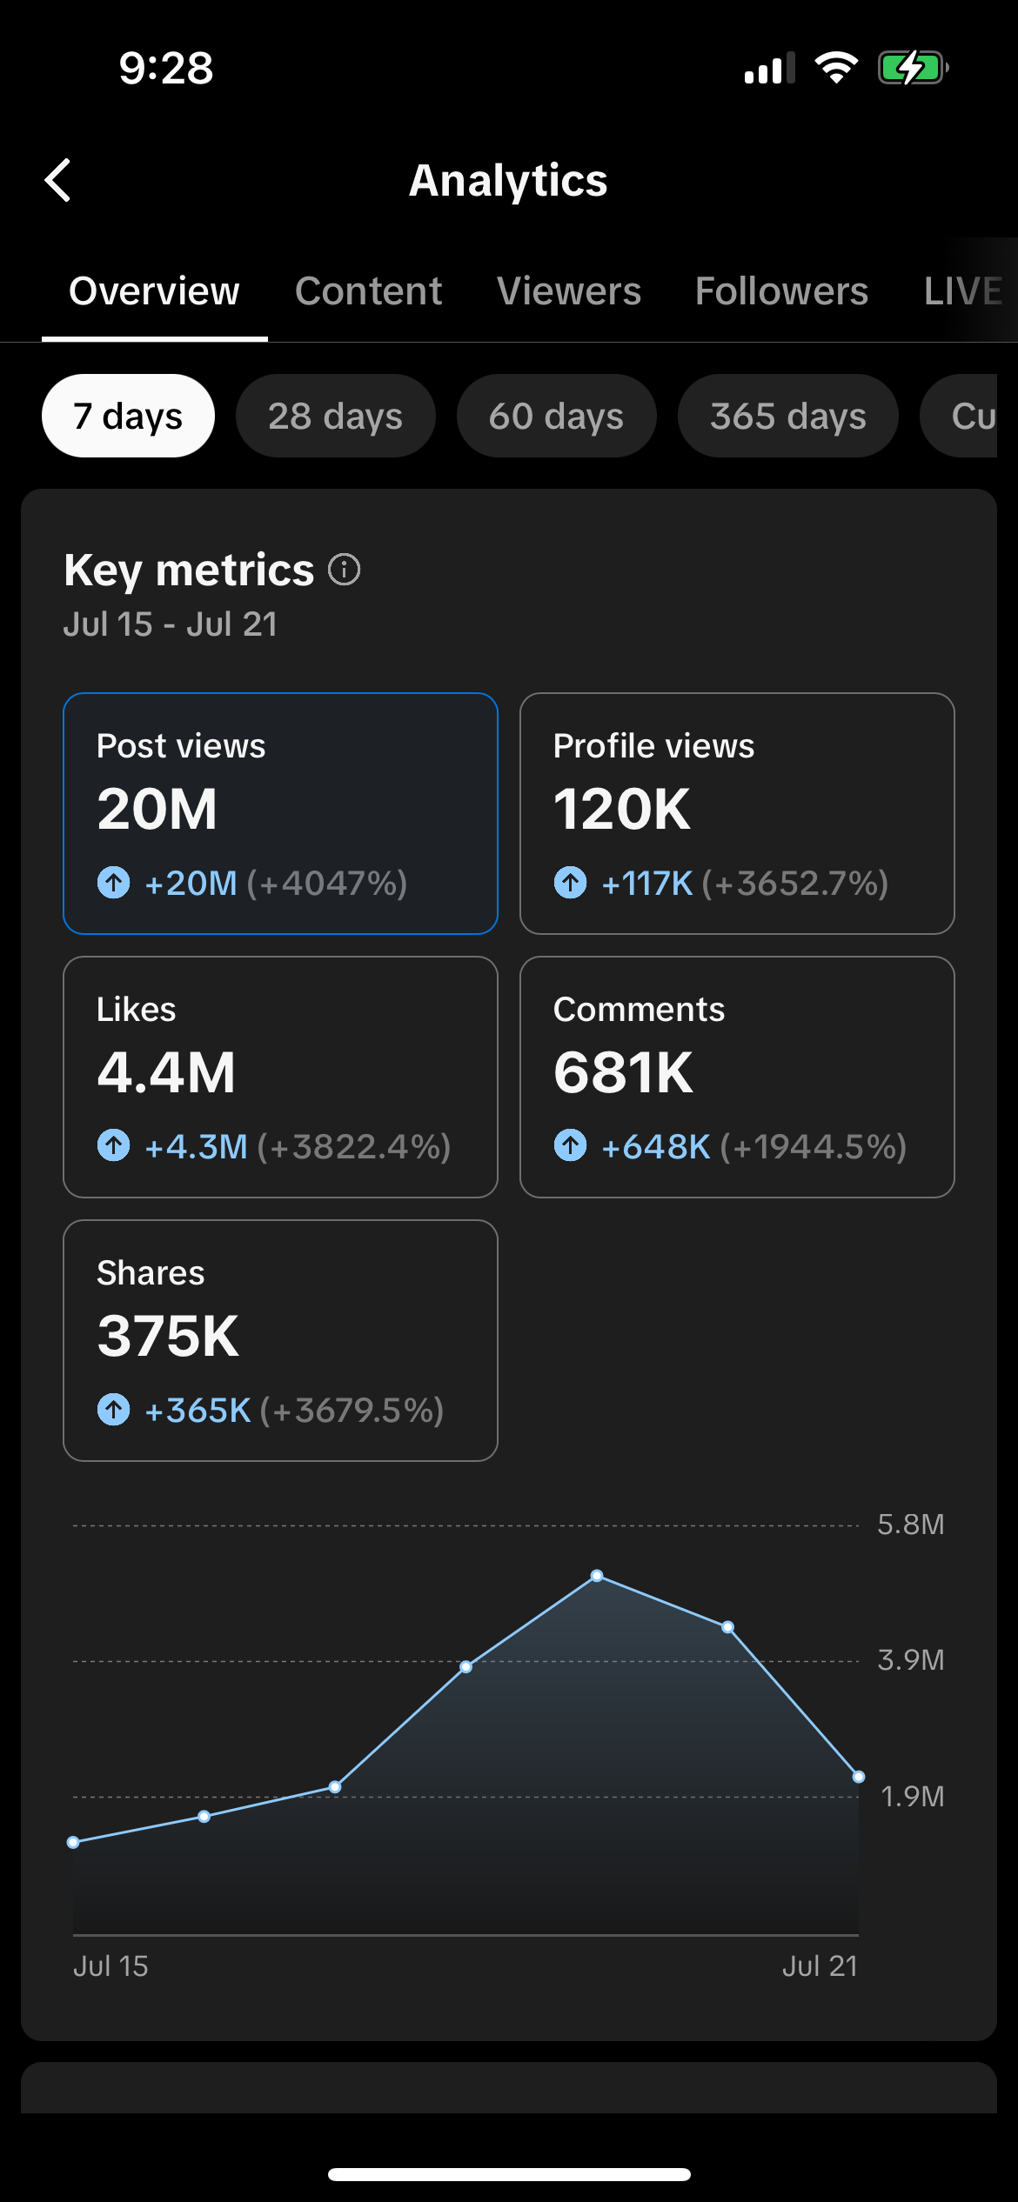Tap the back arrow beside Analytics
pyautogui.click(x=57, y=181)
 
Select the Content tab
pyautogui.click(x=368, y=291)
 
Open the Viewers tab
pyautogui.click(x=568, y=291)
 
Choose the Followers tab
pyautogui.click(x=781, y=291)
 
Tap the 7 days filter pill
pyautogui.click(x=128, y=416)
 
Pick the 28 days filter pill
pyautogui.click(x=335, y=416)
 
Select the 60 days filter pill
pyautogui.click(x=556, y=416)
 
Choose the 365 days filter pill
pyautogui.click(x=787, y=416)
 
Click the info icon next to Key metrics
pyautogui.click(x=344, y=571)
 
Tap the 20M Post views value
pyautogui.click(x=157, y=810)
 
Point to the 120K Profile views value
pyautogui.click(x=621, y=810)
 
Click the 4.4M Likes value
pyautogui.click(x=166, y=1073)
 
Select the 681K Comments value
pyautogui.click(x=623, y=1073)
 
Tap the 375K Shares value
pyautogui.click(x=168, y=1337)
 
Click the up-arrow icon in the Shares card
pyautogui.click(x=113, y=1410)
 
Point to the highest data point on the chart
pyautogui.click(x=597, y=1576)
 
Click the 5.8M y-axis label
pyautogui.click(x=910, y=1525)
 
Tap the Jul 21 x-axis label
pyautogui.click(x=820, y=1966)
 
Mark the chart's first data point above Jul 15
pyautogui.click(x=73, y=1842)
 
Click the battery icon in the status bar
pyautogui.click(x=912, y=68)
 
